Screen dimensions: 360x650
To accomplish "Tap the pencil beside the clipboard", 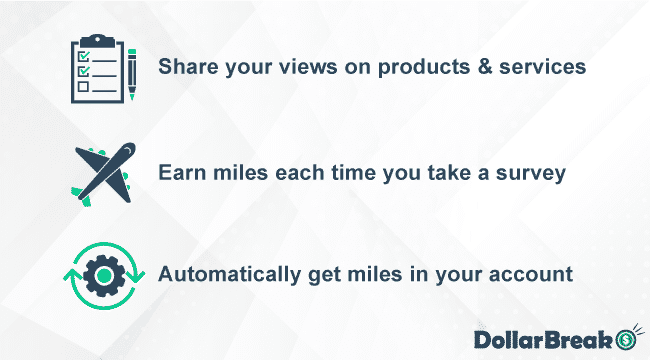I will (x=132, y=71).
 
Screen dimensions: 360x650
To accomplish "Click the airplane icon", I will (x=104, y=171).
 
